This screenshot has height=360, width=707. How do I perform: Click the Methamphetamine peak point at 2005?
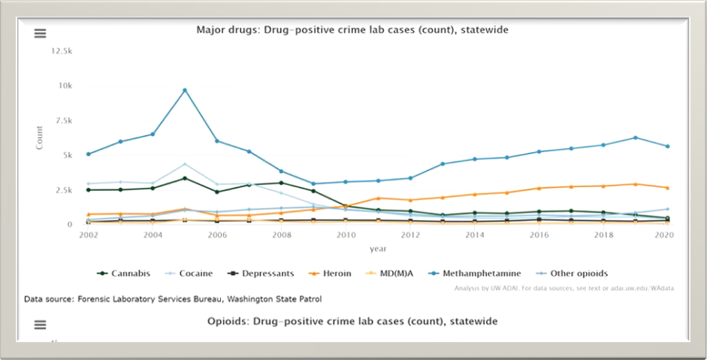(x=185, y=90)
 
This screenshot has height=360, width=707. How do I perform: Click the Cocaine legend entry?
(x=193, y=274)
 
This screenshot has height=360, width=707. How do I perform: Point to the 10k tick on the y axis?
(x=66, y=86)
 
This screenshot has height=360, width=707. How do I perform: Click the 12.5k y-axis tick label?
(x=62, y=50)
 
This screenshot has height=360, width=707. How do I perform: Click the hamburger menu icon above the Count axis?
(x=41, y=34)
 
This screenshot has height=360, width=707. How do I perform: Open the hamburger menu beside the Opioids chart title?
(x=41, y=325)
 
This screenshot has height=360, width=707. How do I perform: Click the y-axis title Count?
(x=40, y=138)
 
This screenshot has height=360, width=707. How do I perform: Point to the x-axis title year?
(x=378, y=249)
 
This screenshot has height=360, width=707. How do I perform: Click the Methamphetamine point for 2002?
(x=89, y=154)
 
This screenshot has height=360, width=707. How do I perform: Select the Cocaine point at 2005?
(x=185, y=164)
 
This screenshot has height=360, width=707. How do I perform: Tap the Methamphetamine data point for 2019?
(x=636, y=138)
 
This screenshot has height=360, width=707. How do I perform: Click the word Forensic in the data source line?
(x=97, y=299)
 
